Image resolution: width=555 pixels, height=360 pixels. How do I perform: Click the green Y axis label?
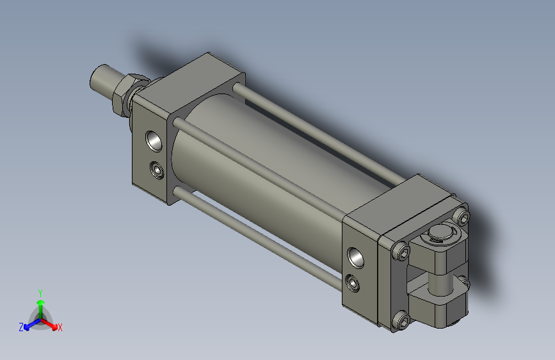click(40, 292)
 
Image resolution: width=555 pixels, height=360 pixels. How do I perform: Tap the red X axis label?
click(60, 327)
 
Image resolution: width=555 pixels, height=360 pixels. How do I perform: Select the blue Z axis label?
click(21, 327)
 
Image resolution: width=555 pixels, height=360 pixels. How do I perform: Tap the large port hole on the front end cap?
click(154, 139)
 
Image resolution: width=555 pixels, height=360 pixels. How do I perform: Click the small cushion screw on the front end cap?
click(156, 170)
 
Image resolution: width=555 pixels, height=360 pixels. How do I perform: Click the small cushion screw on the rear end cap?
click(351, 282)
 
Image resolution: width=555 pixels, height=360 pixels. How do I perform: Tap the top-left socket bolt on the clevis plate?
click(402, 251)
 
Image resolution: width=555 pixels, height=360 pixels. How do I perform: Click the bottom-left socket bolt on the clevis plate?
click(401, 320)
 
